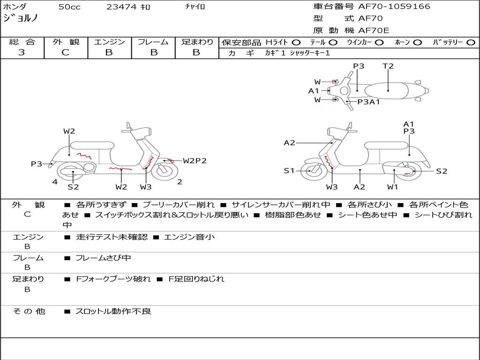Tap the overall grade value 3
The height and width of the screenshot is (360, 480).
22,52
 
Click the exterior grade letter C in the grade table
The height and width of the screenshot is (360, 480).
65,52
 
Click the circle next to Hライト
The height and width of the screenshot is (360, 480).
296,42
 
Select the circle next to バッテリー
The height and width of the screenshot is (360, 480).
471,42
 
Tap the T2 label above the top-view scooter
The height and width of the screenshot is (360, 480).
388,66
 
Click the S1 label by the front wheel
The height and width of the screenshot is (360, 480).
289,171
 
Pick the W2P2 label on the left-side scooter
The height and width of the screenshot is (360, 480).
195,161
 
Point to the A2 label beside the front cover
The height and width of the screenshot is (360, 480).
289,142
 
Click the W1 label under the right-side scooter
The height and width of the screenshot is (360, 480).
392,187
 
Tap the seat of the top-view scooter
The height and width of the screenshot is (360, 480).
388,90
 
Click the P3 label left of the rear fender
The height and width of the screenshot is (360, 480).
37,164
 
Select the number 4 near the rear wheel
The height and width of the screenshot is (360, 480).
55,182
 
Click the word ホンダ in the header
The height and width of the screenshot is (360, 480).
15,7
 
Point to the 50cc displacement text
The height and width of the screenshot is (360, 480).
69,7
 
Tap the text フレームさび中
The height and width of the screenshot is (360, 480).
103,258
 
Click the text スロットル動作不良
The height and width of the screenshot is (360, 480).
113,311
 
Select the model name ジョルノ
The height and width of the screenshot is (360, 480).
21,19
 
